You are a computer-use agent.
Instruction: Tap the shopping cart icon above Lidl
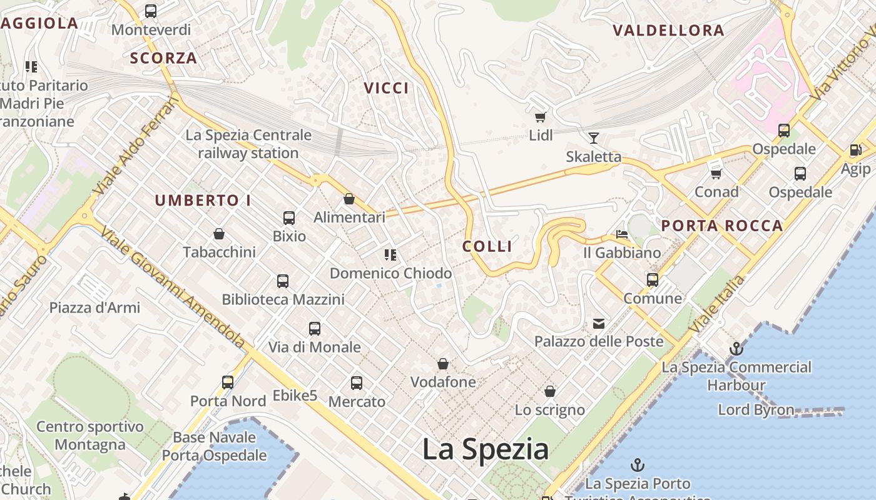pyautogui.click(x=540, y=117)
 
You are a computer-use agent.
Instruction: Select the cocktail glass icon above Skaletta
pyautogui.click(x=593, y=138)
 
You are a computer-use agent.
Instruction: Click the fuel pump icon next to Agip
pyautogui.click(x=855, y=150)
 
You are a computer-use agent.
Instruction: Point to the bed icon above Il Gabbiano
pyautogui.click(x=621, y=234)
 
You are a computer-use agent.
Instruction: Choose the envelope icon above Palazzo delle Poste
pyautogui.click(x=599, y=323)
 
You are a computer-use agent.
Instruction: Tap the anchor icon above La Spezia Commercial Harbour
pyautogui.click(x=736, y=349)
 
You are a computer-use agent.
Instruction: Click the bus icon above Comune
pyautogui.click(x=653, y=279)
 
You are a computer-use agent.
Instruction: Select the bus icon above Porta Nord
pyautogui.click(x=228, y=382)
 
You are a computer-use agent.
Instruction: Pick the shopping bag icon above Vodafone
pyautogui.click(x=443, y=364)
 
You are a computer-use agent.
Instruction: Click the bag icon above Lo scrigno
pyautogui.click(x=549, y=392)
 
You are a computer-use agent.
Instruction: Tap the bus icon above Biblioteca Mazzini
pyautogui.click(x=283, y=281)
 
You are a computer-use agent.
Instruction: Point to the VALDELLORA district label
pyautogui.click(x=668, y=30)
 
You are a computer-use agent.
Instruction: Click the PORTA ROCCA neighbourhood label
pyautogui.click(x=722, y=226)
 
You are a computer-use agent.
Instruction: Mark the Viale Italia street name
pyautogui.click(x=716, y=304)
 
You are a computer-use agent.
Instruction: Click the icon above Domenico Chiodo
pyautogui.click(x=390, y=255)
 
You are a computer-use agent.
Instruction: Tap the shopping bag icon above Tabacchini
pyautogui.click(x=219, y=234)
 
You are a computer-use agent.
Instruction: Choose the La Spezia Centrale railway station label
pyautogui.click(x=248, y=144)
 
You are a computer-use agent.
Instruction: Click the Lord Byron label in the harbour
pyautogui.click(x=756, y=410)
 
